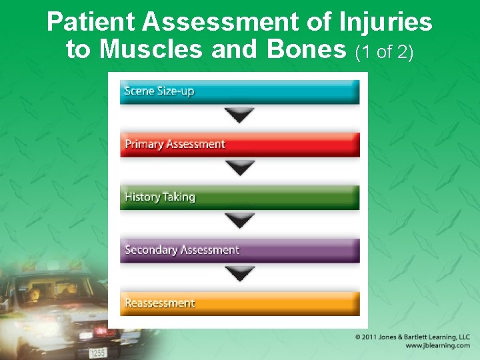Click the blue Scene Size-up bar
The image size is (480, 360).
[x=239, y=92]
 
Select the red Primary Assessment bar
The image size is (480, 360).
[x=239, y=145]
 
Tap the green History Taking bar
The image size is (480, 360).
[x=239, y=197]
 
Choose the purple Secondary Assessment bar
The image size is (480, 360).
[x=239, y=251]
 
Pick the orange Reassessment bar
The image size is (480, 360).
[x=239, y=303]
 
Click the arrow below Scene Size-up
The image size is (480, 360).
[x=239, y=115]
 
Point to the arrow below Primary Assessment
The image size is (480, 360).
[x=239, y=168]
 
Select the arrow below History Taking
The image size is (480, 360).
[x=239, y=221]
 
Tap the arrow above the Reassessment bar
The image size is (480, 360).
[x=239, y=273]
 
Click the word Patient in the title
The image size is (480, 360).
[x=92, y=23]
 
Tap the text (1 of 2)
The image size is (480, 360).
[x=385, y=51]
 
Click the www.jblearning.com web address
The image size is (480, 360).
[x=437, y=346]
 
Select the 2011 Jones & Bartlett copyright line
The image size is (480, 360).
[x=412, y=337]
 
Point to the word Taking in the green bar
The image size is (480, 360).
[x=179, y=197]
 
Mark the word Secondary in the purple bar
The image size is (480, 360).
[x=148, y=251]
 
